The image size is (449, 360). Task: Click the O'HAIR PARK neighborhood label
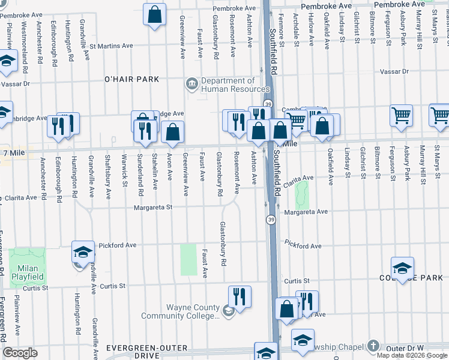tap(131, 79)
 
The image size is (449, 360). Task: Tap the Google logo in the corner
tap(20, 353)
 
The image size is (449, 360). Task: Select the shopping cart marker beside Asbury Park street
tap(401, 115)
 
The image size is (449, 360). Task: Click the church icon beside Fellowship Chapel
tap(373, 346)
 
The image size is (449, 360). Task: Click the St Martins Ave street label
tap(112, 45)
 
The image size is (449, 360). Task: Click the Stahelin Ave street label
tap(155, 171)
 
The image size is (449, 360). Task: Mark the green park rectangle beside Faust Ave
tap(188, 259)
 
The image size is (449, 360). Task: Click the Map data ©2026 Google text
tap(412, 355)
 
